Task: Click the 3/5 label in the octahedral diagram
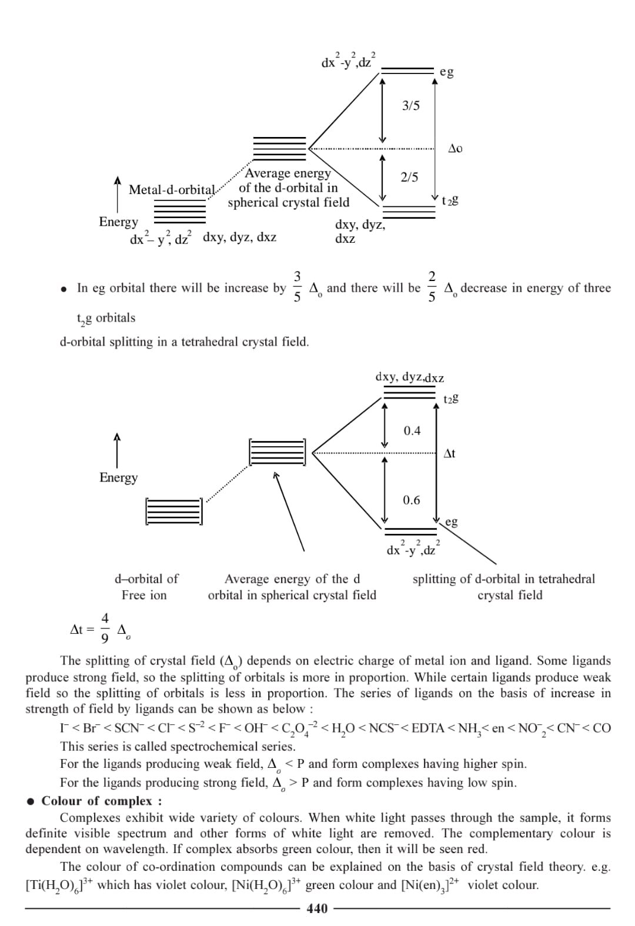411,106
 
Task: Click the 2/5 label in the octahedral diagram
409,177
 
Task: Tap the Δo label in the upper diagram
455,148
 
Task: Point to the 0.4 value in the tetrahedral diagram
412,431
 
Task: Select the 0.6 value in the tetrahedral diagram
412,500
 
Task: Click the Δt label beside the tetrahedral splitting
449,453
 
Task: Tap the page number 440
317,908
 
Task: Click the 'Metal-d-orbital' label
172,189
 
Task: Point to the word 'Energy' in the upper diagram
118,222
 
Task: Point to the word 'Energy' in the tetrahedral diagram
118,477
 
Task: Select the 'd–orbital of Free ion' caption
145,587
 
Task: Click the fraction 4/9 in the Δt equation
105,627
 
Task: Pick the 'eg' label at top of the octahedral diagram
446,72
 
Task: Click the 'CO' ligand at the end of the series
601,728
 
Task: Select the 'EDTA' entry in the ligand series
427,728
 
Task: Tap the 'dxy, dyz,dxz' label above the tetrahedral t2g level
409,377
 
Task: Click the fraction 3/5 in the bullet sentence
297,286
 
